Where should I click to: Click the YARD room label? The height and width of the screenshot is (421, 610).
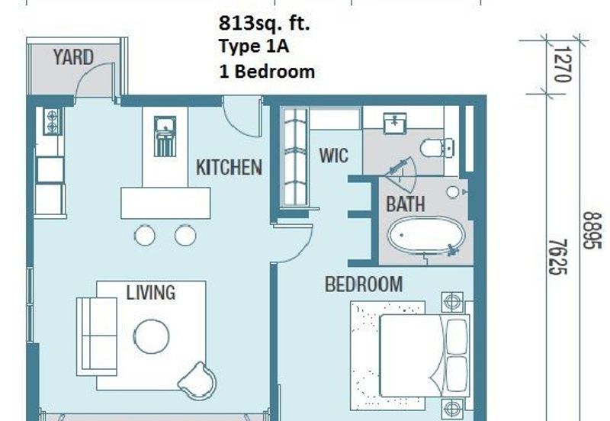pyautogui.click(x=73, y=58)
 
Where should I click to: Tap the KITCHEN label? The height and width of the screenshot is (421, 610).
pyautogui.click(x=229, y=167)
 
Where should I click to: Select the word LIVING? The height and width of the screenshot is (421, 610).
pyautogui.click(x=150, y=292)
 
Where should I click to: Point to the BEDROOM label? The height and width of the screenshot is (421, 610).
pyautogui.click(x=364, y=284)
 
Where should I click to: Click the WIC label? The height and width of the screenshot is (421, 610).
pyautogui.click(x=333, y=156)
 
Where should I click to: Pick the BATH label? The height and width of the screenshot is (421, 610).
pyautogui.click(x=405, y=204)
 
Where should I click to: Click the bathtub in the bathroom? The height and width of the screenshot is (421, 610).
pyautogui.click(x=426, y=235)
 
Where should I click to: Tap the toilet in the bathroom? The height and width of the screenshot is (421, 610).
pyautogui.click(x=437, y=148)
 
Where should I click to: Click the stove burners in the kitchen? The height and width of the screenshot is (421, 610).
pyautogui.click(x=52, y=122)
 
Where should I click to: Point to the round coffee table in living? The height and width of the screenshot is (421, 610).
pyautogui.click(x=151, y=336)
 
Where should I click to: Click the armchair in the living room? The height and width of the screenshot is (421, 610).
pyautogui.click(x=197, y=381)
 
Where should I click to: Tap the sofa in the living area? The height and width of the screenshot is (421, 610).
pyautogui.click(x=97, y=336)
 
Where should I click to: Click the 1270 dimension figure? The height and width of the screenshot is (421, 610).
pyautogui.click(x=562, y=64)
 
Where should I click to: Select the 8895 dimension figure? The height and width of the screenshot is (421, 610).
pyautogui.click(x=592, y=230)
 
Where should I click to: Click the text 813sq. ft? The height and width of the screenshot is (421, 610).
pyautogui.click(x=264, y=24)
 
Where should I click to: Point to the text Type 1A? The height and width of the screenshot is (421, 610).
pyautogui.click(x=254, y=47)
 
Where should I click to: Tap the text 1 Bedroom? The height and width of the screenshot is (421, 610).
pyautogui.click(x=267, y=72)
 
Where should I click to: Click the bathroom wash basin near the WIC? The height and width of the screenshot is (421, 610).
pyautogui.click(x=395, y=123)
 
